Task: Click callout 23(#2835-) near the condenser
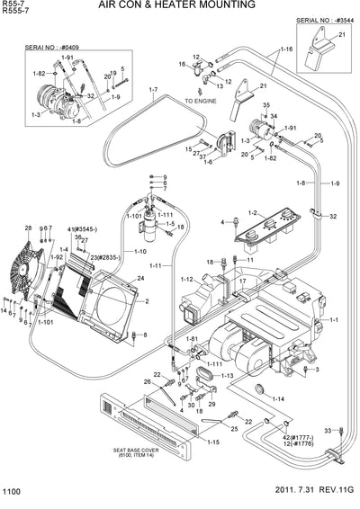[x=106, y=258]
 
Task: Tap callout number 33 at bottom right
[x=328, y=430]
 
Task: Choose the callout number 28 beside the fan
[x=28, y=228]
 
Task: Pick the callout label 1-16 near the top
[x=286, y=49]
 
